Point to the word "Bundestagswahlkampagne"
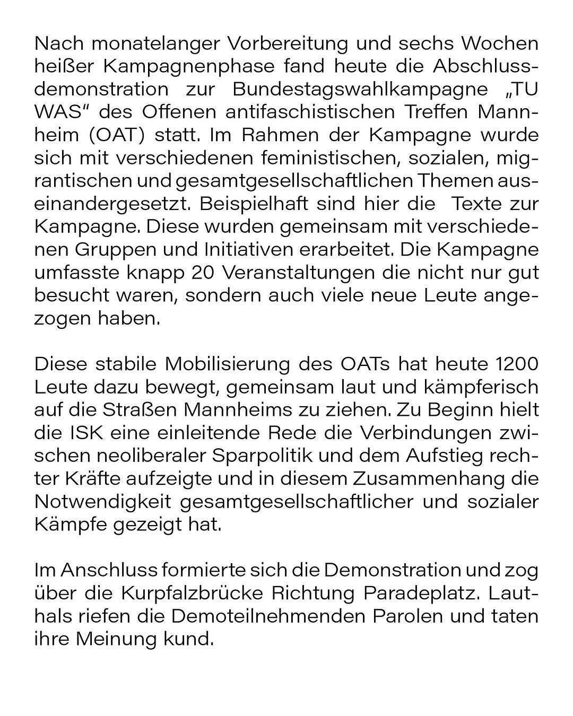(360, 89)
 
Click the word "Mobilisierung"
(225, 364)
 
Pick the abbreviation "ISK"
(85, 433)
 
